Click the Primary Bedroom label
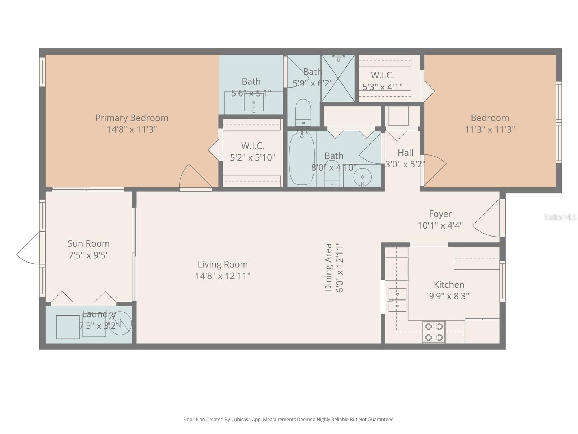tap(131, 118)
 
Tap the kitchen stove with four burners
tap(433, 332)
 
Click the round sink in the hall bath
tap(362, 178)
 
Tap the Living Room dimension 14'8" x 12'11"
tap(223, 276)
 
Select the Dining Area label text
tap(328, 267)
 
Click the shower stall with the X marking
tap(338, 78)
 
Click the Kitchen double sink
tap(397, 300)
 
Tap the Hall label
tap(405, 153)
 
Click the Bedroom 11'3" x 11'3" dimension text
tap(489, 129)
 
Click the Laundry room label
tap(99, 314)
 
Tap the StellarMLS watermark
tap(560, 217)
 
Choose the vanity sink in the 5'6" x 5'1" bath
tap(254, 102)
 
